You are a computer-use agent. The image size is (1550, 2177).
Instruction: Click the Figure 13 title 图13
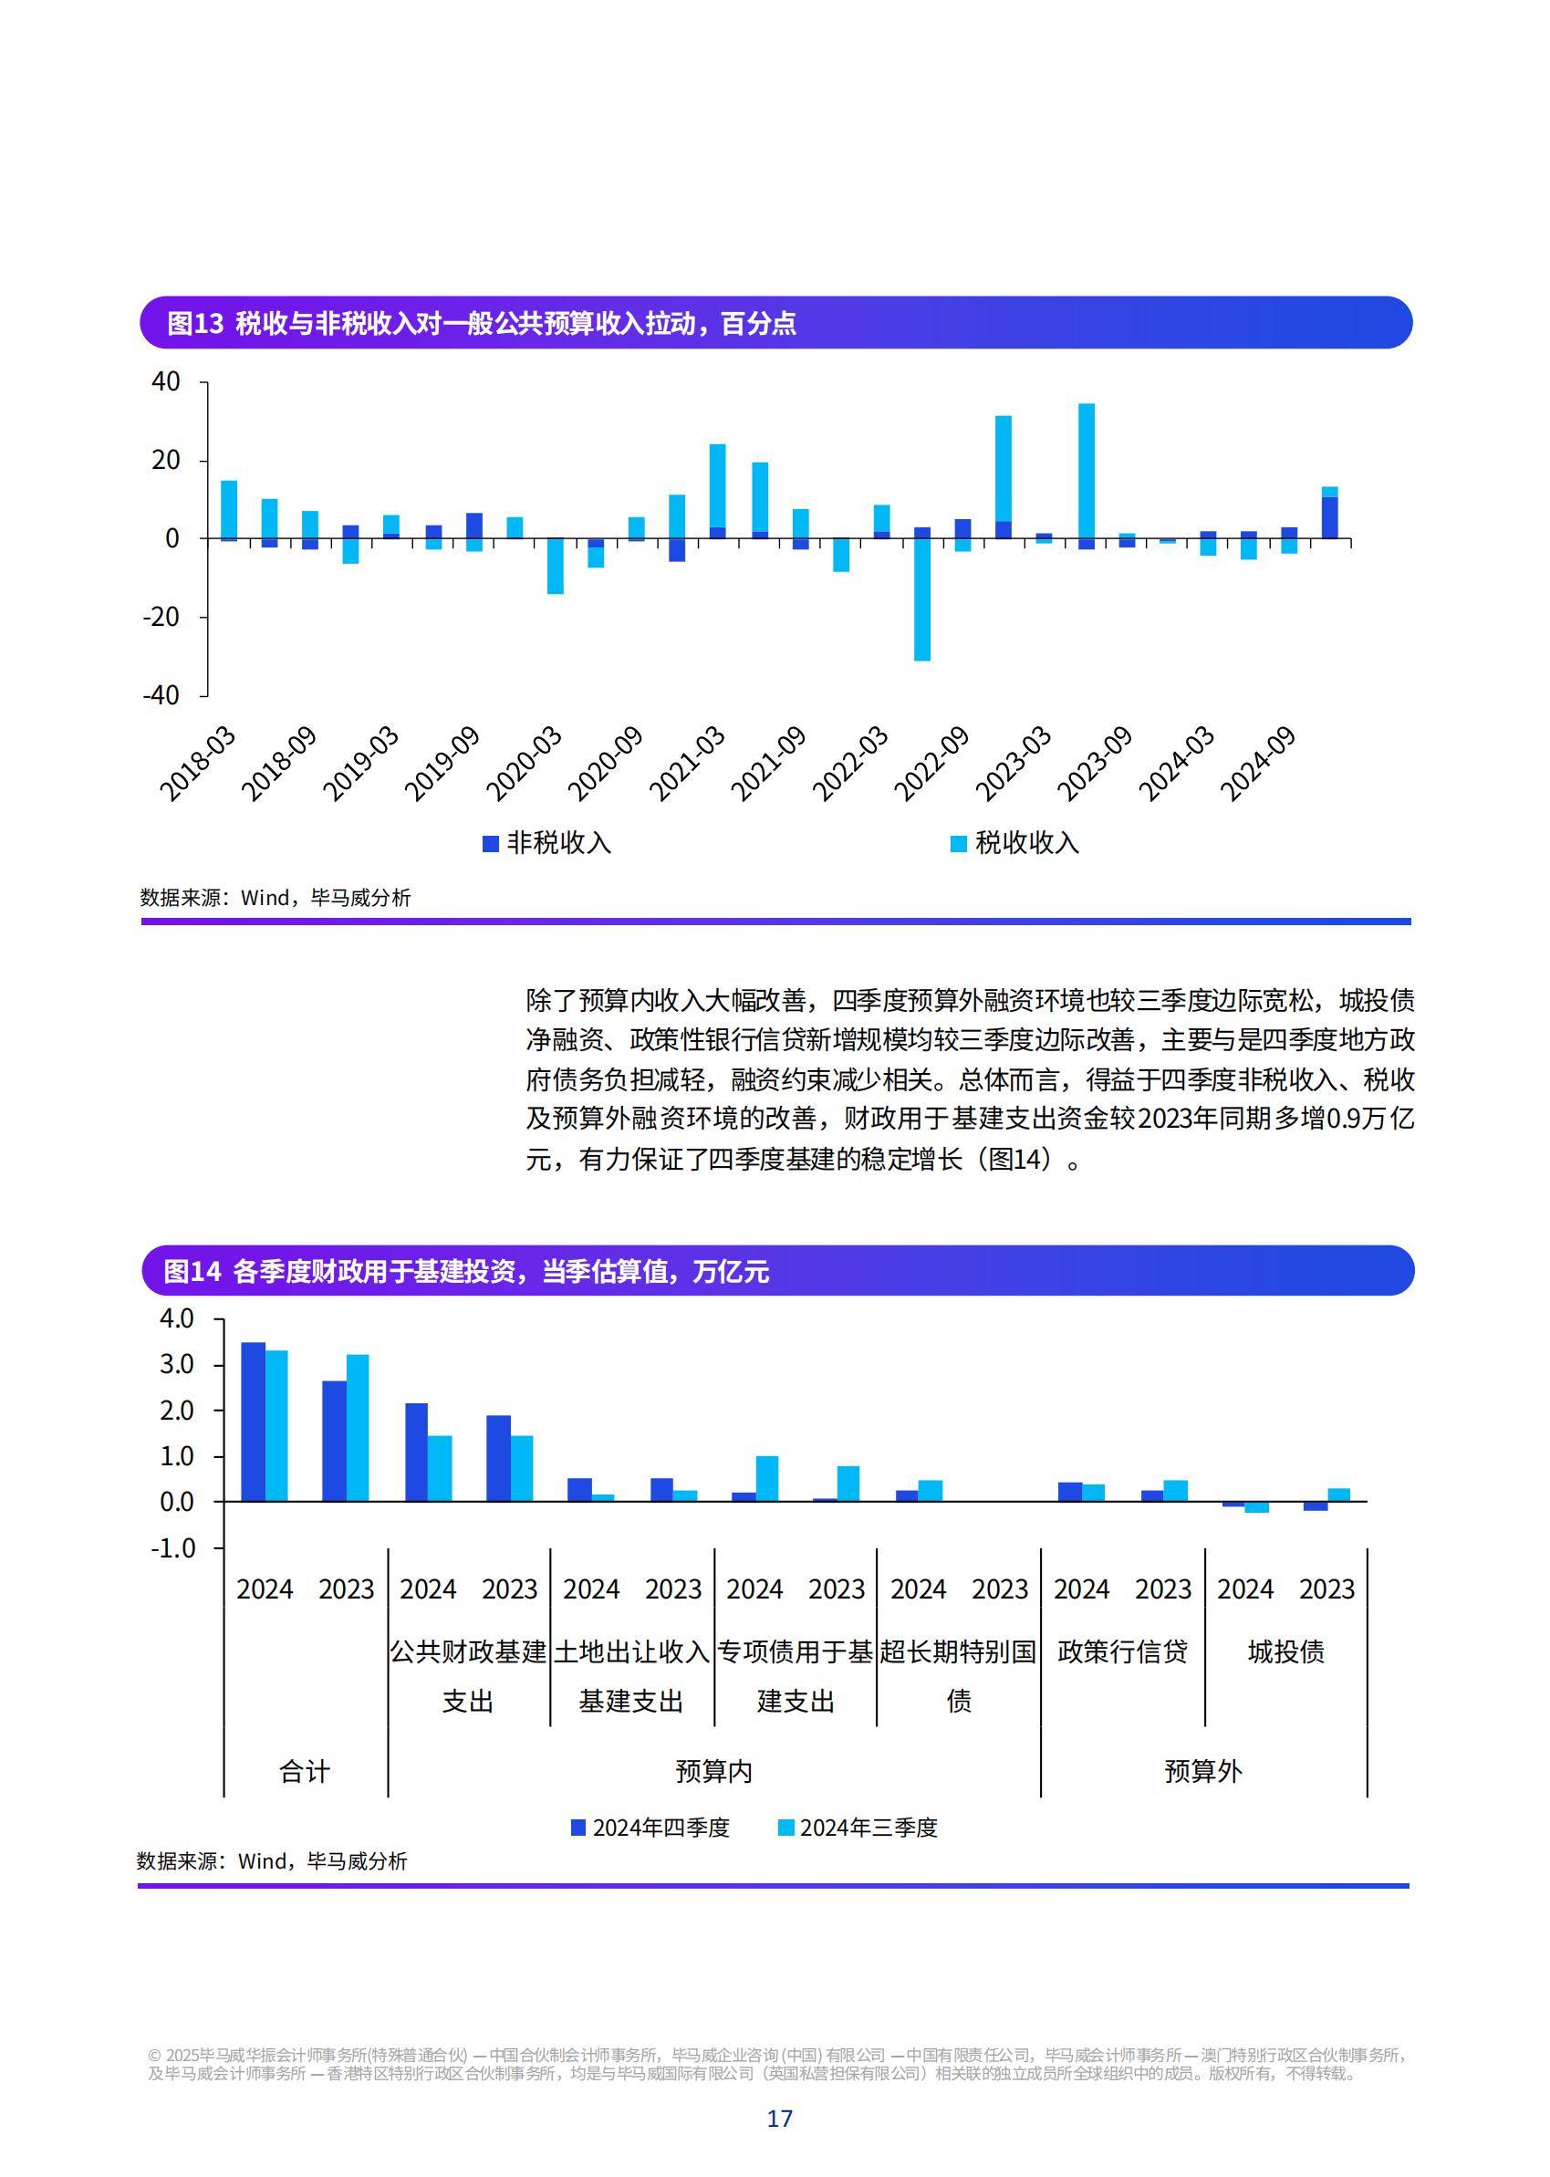click(x=194, y=324)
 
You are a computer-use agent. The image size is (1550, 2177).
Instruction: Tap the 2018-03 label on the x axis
click(x=198, y=765)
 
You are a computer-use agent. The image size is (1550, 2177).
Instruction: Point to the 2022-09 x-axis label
click(x=931, y=765)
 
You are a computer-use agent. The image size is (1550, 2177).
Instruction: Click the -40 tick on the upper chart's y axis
click(x=161, y=695)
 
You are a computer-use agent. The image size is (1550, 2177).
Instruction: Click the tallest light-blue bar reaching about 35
click(x=1087, y=468)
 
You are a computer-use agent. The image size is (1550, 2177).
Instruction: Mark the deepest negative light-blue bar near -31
click(x=922, y=601)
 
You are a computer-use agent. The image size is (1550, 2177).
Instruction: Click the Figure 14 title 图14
click(x=192, y=1272)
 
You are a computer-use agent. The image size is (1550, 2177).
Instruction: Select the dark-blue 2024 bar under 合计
click(x=253, y=1422)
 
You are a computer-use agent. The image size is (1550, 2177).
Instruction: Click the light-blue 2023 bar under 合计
click(x=357, y=1428)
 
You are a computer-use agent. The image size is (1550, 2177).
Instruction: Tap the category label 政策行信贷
click(x=1122, y=1652)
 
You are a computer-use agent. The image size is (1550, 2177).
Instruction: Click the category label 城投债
click(x=1285, y=1652)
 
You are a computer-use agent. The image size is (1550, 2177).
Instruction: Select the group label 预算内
click(x=714, y=1771)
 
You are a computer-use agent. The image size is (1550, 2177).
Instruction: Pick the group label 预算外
click(x=1202, y=1771)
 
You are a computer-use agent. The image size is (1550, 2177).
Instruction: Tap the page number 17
click(x=779, y=2119)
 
